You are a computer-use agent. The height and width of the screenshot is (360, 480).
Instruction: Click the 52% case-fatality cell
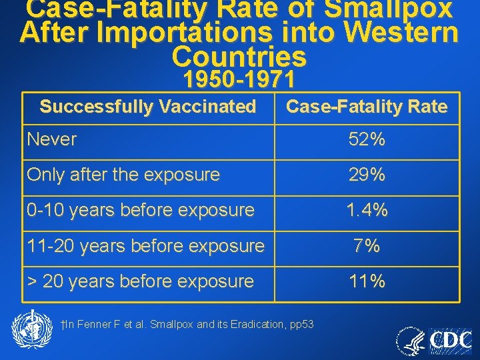point(367,140)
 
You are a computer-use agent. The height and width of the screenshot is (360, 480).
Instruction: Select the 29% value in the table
point(367,175)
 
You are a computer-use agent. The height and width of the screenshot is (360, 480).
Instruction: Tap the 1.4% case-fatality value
point(367,211)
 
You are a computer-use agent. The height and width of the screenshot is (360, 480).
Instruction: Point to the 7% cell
point(367,246)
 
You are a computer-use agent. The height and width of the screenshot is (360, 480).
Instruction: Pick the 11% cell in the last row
point(367,281)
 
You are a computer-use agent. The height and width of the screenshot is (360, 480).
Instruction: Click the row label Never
point(52,140)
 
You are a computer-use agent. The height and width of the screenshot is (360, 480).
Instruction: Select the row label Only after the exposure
point(123,175)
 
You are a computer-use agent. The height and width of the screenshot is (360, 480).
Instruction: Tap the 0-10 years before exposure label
point(141,211)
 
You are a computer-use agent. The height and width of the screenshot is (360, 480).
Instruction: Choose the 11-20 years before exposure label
point(145,246)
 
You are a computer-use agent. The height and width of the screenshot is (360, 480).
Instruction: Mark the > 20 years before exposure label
point(141,281)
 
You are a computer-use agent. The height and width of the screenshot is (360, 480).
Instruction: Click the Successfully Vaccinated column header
point(148,107)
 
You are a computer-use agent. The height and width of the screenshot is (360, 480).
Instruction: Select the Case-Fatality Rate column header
point(367,107)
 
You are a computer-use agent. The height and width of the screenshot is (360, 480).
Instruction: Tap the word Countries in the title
point(239,57)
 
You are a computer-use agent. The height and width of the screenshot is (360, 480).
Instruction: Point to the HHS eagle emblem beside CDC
point(411,341)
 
